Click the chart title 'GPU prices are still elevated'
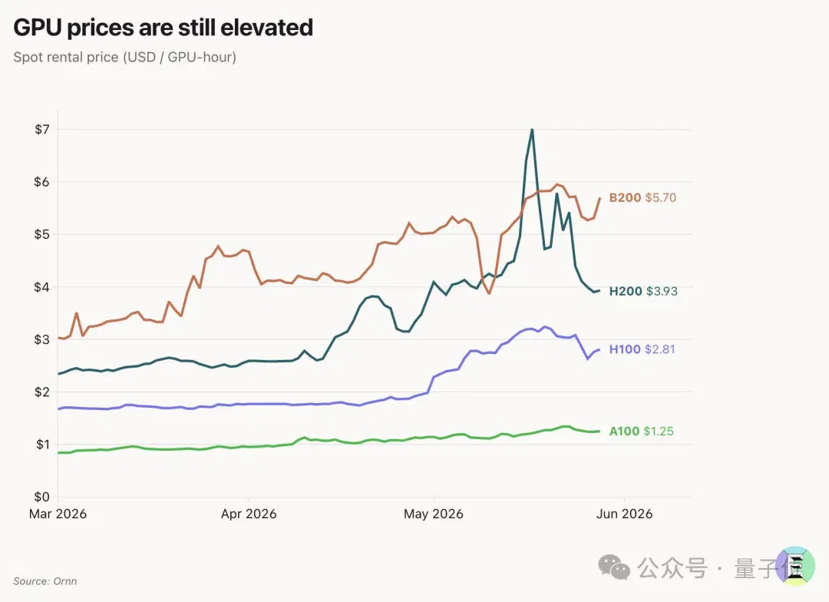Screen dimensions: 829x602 [163, 28]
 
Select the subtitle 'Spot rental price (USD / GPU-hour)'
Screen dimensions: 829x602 [125, 57]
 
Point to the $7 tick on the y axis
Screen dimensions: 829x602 [42, 130]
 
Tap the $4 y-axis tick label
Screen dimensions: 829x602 [42, 287]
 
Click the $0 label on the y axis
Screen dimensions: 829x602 [42, 497]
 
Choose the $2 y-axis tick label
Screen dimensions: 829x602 [42, 392]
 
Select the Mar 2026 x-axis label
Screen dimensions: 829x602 [58, 514]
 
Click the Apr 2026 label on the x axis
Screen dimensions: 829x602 [249, 514]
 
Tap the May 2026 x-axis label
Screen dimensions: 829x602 [434, 514]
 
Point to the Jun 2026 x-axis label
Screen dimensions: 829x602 [624, 514]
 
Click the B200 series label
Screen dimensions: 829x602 [625, 198]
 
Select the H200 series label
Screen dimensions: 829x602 [626, 292]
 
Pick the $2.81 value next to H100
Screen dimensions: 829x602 [660, 349]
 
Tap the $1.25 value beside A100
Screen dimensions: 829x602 [659, 432]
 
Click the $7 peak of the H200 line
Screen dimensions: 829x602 [532, 130]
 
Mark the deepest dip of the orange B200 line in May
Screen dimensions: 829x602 [489, 293]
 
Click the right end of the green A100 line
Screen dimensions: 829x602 [599, 431]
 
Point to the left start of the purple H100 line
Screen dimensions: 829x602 [58, 409]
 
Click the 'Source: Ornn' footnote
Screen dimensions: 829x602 [45, 581]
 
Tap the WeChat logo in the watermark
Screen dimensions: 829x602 [614, 567]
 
